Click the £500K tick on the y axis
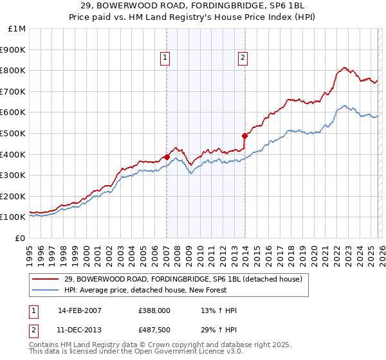pos(13,133)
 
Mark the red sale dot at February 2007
pos(167,156)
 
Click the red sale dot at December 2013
pos(244,136)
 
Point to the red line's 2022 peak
pos(344,67)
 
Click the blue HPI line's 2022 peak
pos(344,105)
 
